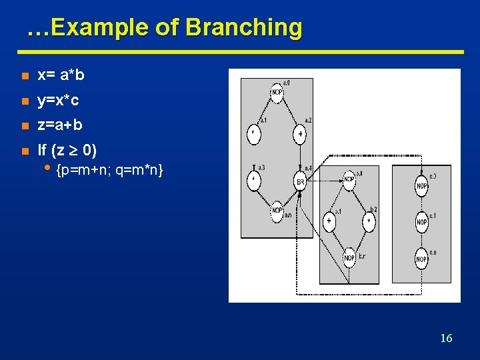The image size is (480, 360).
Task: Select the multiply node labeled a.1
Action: (x=253, y=134)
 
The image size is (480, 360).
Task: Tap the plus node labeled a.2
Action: (x=300, y=134)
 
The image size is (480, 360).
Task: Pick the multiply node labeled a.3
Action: (x=253, y=180)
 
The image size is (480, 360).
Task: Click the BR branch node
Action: (x=300, y=181)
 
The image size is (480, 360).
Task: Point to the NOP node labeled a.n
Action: (x=277, y=212)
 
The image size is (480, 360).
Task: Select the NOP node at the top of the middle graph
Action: (x=349, y=179)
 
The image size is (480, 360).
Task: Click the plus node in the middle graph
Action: (x=329, y=221)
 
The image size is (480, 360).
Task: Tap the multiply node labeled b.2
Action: (x=369, y=221)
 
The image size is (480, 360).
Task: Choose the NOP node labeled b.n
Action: (x=349, y=257)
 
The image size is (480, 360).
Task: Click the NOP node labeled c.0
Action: (x=421, y=186)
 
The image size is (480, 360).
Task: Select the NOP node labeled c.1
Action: (x=421, y=222)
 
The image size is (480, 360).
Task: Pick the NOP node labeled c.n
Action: (x=421, y=258)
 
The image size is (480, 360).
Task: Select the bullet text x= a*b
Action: (x=61, y=75)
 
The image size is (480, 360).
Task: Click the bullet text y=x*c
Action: (x=59, y=101)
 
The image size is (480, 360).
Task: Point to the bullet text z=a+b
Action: (x=60, y=125)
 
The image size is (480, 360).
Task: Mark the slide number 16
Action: (x=446, y=338)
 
